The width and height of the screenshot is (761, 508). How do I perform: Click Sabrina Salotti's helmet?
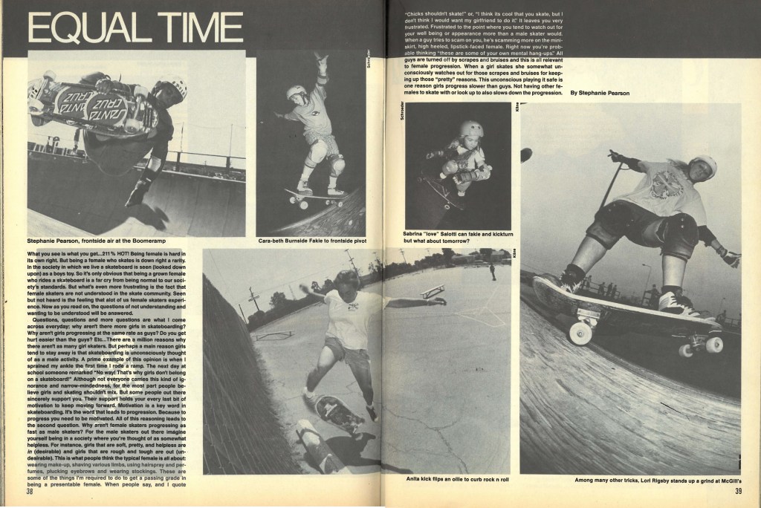coord(470,130)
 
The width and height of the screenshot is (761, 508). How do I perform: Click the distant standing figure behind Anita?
coord(492,272)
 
